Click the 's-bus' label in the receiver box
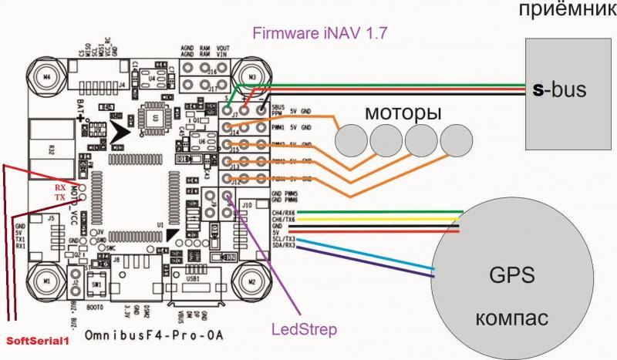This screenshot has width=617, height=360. coord(560,90)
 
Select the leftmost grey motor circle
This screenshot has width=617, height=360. coord(352,141)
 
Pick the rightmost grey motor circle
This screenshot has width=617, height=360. coord(457,140)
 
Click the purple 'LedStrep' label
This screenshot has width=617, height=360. coord(303,330)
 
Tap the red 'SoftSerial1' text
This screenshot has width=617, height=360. coord(36,339)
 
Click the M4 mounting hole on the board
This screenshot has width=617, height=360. coord(47,78)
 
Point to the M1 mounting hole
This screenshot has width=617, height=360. coord(47,281)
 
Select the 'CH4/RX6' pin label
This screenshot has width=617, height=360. coord(283,213)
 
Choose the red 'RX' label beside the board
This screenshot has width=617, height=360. coord(59,187)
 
